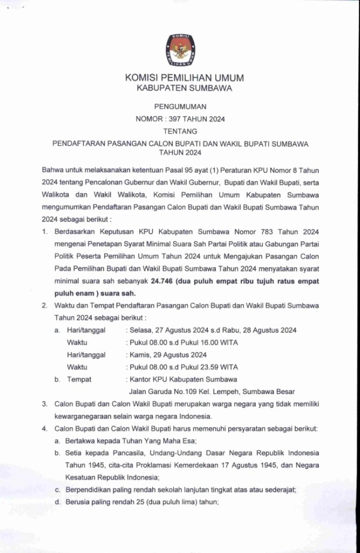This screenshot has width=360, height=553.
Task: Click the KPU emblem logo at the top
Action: pos(180,49)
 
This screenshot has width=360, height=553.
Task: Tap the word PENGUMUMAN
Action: pos(180,107)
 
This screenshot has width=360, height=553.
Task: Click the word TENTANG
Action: pos(180,131)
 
